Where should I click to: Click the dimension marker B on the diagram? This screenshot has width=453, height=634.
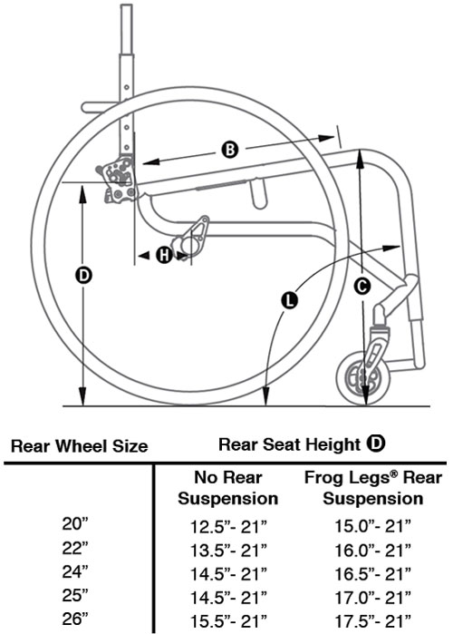[230, 150]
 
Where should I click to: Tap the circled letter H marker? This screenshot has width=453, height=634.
[164, 256]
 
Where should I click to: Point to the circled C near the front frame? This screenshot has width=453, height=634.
[361, 287]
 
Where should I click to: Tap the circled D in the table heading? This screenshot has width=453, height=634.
[375, 444]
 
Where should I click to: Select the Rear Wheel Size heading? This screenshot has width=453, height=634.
[79, 446]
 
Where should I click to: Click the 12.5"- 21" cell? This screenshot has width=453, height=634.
[227, 525]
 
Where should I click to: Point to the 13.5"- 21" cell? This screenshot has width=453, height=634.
[227, 549]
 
